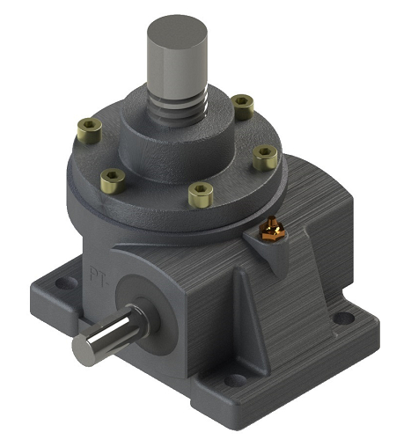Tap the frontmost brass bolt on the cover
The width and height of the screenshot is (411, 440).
[x=201, y=194]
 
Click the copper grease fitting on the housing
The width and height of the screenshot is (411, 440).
[x=273, y=231]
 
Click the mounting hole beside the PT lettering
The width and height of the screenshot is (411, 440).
[x=65, y=285]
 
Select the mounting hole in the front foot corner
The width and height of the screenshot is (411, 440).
[x=235, y=380]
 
